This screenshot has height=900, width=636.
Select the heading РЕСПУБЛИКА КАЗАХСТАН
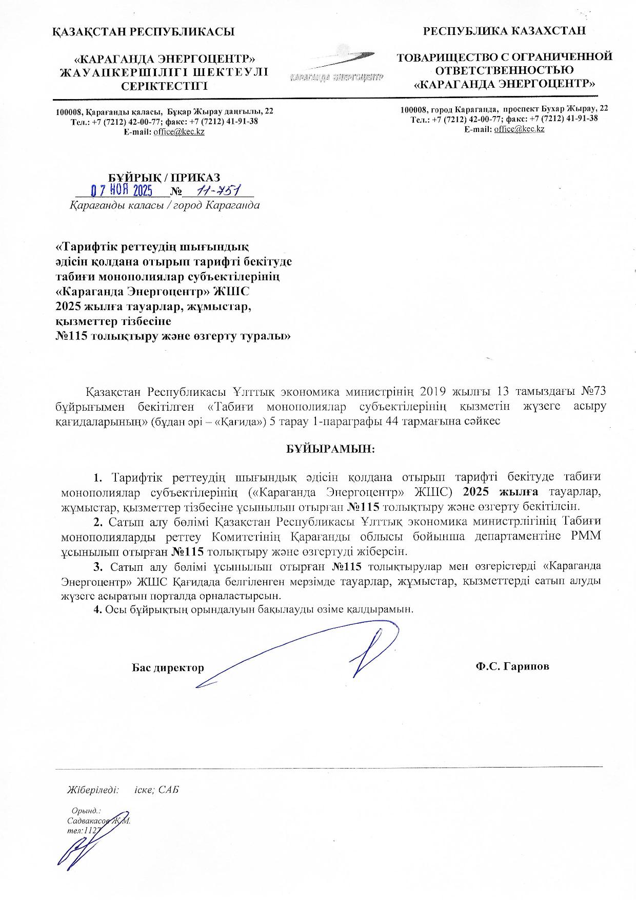click(504, 31)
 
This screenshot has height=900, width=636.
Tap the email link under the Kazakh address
click(179, 132)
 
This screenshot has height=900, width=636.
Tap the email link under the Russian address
click(519, 129)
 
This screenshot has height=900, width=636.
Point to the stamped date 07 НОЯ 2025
click(122, 191)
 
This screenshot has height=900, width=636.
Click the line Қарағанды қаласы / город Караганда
click(164, 205)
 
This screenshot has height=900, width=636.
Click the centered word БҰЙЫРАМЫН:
click(330, 449)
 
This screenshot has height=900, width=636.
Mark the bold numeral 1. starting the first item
click(98, 477)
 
